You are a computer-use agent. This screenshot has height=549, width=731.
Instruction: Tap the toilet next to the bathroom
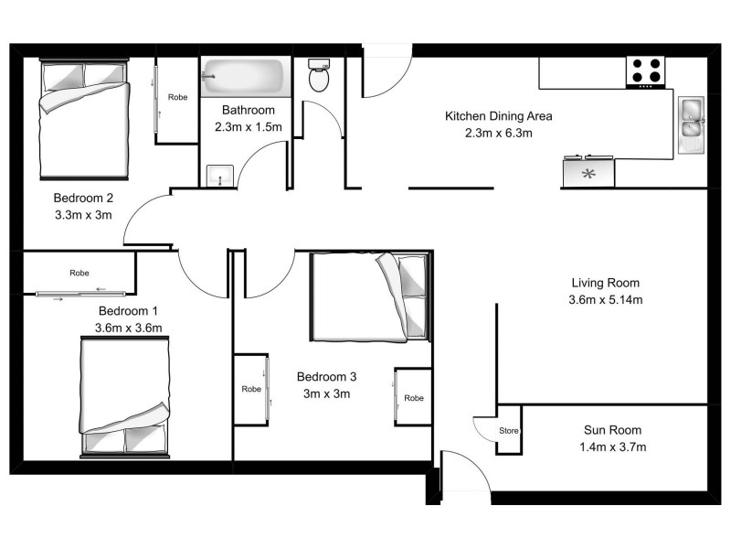tap(319, 76)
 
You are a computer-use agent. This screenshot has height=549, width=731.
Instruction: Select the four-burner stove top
tap(645, 71)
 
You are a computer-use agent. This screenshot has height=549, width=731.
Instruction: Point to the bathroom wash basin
tap(219, 175)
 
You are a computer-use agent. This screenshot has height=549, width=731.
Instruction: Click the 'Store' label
tap(509, 430)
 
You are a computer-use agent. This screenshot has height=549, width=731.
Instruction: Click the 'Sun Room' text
tap(612, 430)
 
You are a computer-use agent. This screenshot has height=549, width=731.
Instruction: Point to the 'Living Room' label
tap(606, 283)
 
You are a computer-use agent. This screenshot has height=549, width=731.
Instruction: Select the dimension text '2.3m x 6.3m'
tap(498, 133)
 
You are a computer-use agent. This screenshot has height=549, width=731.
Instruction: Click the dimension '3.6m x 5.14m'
tap(606, 300)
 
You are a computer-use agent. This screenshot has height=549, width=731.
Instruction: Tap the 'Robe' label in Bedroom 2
tap(178, 95)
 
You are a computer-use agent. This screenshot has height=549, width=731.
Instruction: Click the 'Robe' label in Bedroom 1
tap(79, 273)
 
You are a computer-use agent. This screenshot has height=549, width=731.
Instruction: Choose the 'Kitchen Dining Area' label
tap(498, 116)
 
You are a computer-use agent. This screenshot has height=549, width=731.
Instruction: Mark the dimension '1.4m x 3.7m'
tap(612, 447)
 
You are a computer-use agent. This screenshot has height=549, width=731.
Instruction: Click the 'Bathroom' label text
tap(242, 111)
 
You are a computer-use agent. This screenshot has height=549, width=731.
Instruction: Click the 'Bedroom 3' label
tap(326, 376)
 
